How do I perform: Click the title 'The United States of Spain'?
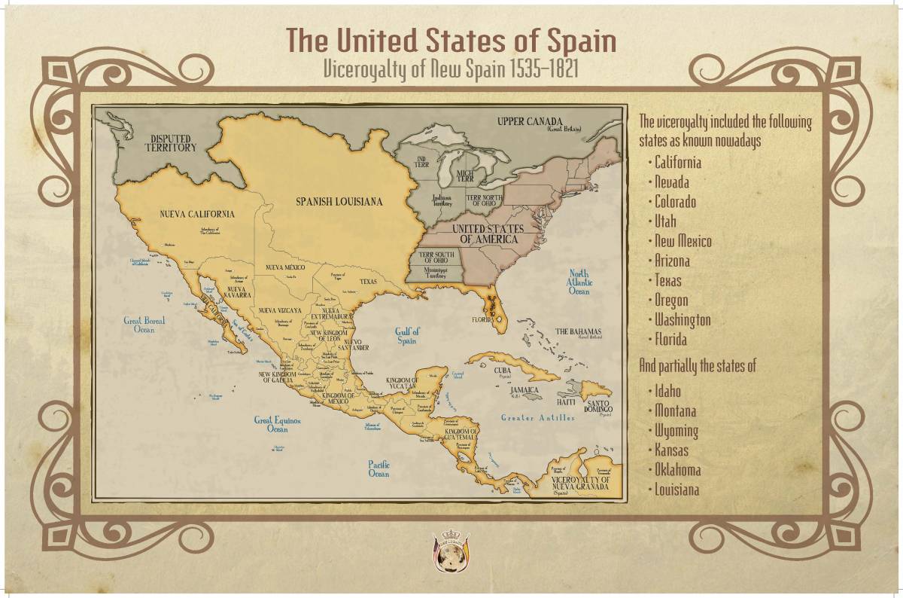pyautogui.click(x=451, y=40)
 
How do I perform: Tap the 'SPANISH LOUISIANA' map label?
pyautogui.click(x=339, y=202)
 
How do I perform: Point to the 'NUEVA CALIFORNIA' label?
pyautogui.click(x=197, y=214)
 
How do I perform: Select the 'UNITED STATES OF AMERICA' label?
pyautogui.click(x=489, y=233)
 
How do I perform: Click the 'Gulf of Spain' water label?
pyautogui.click(x=407, y=336)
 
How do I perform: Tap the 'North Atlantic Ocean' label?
pyautogui.click(x=579, y=282)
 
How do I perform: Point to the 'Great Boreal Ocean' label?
pyautogui.click(x=144, y=325)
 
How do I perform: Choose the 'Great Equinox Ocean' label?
pyautogui.click(x=277, y=425)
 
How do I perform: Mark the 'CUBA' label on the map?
pyautogui.click(x=503, y=371)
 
